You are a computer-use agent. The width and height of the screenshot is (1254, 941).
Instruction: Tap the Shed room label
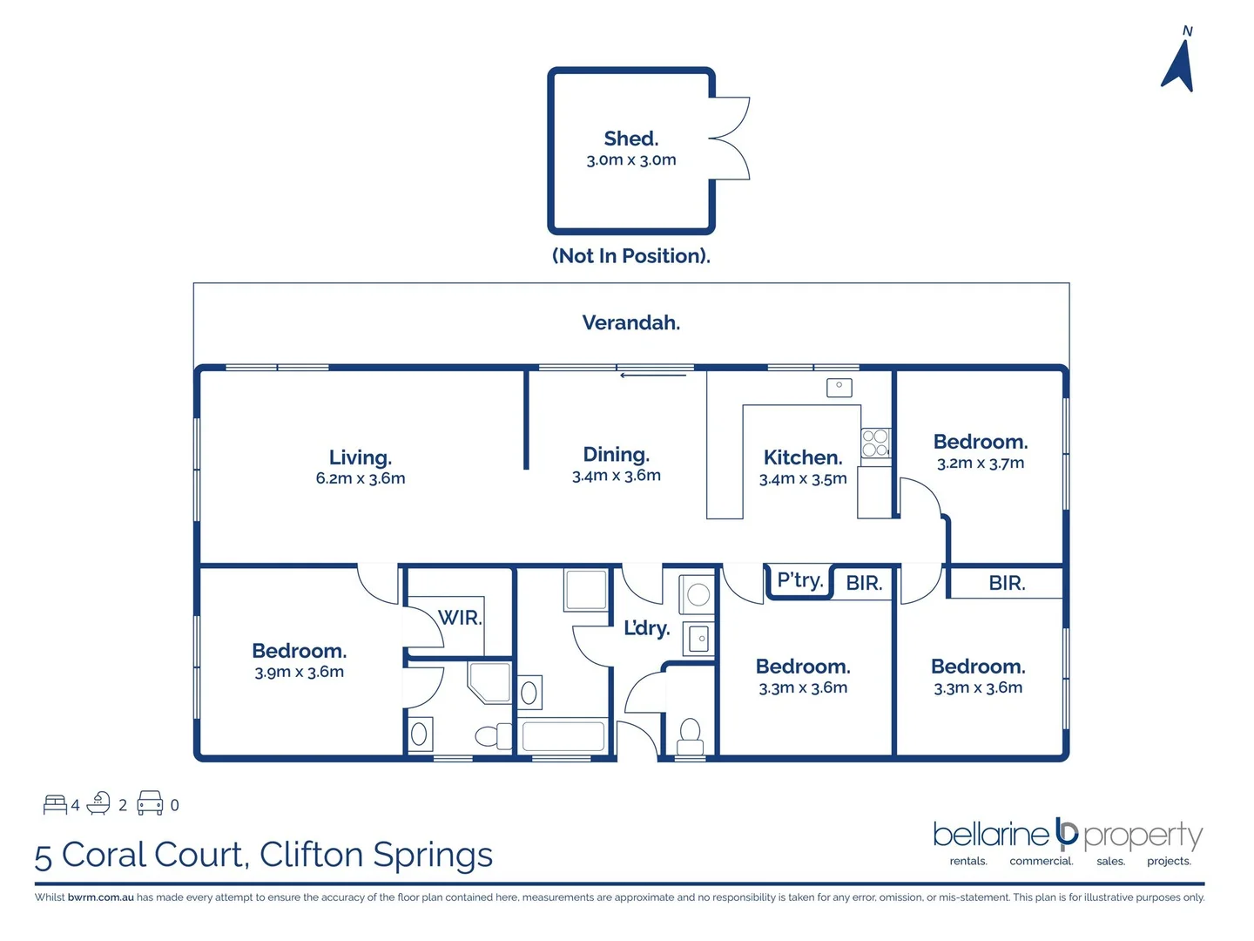[x=630, y=139]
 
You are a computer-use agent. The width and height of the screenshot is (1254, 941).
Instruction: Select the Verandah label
[x=630, y=322]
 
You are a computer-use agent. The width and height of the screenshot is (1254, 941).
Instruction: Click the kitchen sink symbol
[x=839, y=388]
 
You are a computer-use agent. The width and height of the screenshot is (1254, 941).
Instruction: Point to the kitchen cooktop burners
[x=875, y=443]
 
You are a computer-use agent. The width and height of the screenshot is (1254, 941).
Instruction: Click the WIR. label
[x=460, y=618]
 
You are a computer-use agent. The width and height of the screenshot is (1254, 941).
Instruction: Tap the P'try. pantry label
[x=799, y=580]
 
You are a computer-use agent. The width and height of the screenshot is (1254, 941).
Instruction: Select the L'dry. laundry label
[x=646, y=628]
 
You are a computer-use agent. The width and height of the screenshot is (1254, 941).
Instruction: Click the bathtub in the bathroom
[x=563, y=736]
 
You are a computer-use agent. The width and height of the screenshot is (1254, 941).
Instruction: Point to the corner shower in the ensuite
[x=489, y=682]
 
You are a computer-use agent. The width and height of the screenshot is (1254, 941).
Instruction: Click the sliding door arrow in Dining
[x=653, y=376]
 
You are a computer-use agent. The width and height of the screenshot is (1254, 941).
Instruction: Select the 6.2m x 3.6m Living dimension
[x=361, y=478]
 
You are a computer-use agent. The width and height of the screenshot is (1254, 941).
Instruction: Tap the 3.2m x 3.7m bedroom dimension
[x=981, y=463]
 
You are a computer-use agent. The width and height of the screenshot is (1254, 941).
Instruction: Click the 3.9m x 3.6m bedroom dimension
[x=299, y=672]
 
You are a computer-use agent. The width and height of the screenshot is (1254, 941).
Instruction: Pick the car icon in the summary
[x=150, y=802]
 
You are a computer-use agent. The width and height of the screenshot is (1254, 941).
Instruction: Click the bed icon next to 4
[x=55, y=804]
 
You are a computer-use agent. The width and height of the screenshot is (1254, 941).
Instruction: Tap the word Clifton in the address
[x=312, y=855]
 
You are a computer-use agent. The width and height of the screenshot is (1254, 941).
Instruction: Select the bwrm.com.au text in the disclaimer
[x=100, y=897]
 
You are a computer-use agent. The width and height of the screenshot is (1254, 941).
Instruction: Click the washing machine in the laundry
[x=697, y=594]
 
